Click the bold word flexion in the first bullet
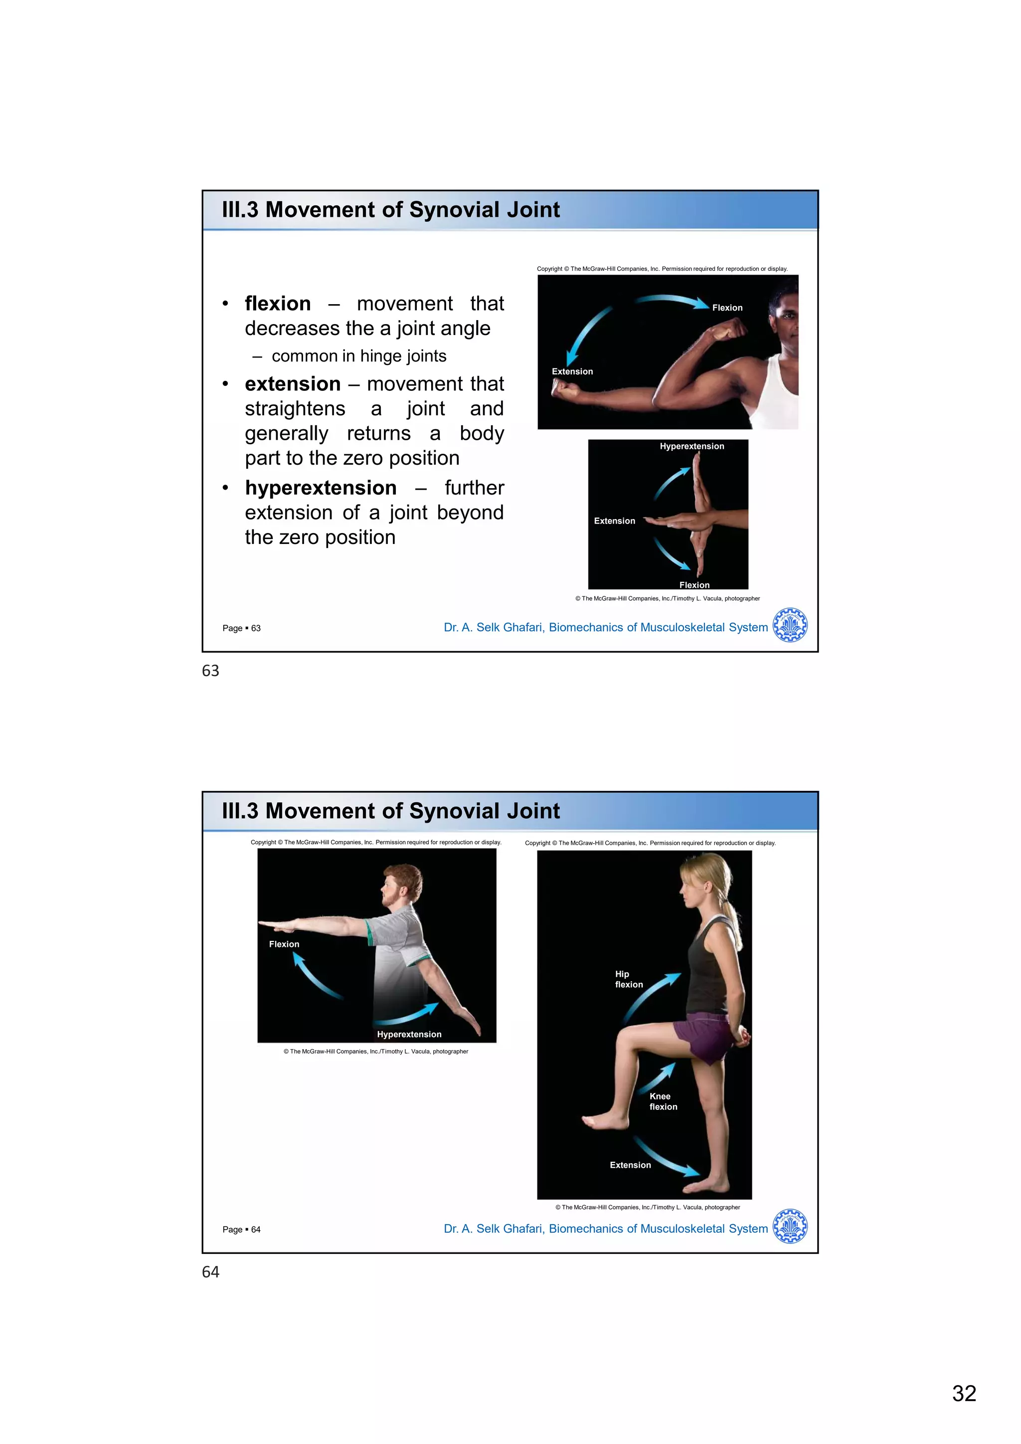coord(277,304)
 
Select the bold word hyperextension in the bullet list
coord(321,488)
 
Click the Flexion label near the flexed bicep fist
coord(727,308)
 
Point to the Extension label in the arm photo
coord(572,371)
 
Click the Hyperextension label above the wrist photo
coord(691,447)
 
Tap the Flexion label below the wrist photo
coord(694,585)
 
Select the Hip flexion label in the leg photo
coord(628,979)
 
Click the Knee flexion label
coord(663,1101)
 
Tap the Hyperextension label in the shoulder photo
coord(409,1035)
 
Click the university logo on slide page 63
coord(790,625)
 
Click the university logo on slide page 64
coord(790,1227)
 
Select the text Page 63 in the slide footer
coord(241,628)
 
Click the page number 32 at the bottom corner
coord(964,1393)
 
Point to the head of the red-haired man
coord(402,884)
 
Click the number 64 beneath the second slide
coord(210,1272)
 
